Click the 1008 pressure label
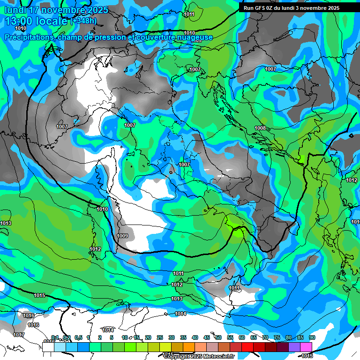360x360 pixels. click(x=260, y=128)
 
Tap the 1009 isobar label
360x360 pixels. click(x=122, y=236)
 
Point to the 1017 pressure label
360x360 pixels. click(x=19, y=335)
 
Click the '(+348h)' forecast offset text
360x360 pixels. click(x=84, y=21)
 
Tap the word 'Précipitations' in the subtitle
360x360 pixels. click(x=29, y=37)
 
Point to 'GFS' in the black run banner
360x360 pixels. click(x=262, y=8)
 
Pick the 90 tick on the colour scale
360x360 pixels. click(x=312, y=337)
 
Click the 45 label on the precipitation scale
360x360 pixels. click(x=207, y=337)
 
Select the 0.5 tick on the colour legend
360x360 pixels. click(x=78, y=337)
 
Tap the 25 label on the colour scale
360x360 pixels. click(x=160, y=337)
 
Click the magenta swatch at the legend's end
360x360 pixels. click(x=306, y=347)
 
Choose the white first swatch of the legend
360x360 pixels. click(x=48, y=347)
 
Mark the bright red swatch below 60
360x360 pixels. click(x=247, y=347)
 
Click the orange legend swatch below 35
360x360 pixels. click(x=189, y=347)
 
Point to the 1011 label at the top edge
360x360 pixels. click(x=189, y=15)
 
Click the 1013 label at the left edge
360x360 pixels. click(x=6, y=223)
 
